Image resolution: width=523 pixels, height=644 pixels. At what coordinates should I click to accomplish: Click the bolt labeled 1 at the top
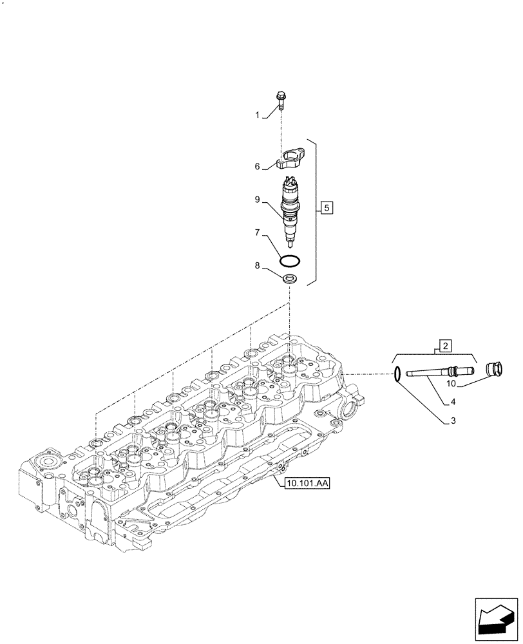click(x=282, y=101)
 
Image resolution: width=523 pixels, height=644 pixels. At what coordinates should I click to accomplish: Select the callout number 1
click(x=258, y=115)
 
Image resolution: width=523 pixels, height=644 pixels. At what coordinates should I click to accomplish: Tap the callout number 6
click(x=258, y=167)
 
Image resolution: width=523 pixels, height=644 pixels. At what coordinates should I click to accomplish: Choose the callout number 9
click(x=258, y=200)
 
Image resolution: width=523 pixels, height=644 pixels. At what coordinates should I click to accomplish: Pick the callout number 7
click(x=258, y=231)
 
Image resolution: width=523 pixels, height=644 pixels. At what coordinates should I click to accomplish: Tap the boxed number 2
click(x=444, y=346)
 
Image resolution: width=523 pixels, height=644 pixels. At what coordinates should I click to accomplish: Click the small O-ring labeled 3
click(x=398, y=373)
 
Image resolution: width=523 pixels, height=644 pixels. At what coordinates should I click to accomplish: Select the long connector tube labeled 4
click(x=438, y=371)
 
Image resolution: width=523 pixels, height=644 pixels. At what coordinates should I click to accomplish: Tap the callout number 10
click(x=451, y=384)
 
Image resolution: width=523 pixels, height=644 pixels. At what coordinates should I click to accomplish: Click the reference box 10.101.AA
click(x=305, y=484)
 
